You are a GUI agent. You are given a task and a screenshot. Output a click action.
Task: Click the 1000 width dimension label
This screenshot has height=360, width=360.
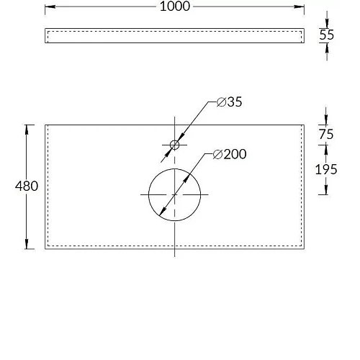(x=175, y=6)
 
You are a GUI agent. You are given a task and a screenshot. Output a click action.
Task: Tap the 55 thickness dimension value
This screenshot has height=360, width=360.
(x=326, y=35)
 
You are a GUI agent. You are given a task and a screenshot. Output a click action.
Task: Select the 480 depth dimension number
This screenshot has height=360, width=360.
(x=27, y=186)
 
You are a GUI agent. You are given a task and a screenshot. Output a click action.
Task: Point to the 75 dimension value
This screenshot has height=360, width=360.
(x=326, y=134)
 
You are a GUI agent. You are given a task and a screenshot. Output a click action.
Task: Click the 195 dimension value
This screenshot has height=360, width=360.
(x=326, y=169)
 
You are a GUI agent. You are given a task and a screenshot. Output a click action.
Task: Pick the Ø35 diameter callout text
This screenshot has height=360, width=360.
(x=229, y=102)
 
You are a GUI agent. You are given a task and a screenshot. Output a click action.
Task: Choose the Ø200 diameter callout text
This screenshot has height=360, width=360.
(x=230, y=154)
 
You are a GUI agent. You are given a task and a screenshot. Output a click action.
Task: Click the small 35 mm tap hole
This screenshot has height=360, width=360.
(x=174, y=145)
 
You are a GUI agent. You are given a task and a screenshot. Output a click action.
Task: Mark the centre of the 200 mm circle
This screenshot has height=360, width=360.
(x=174, y=194)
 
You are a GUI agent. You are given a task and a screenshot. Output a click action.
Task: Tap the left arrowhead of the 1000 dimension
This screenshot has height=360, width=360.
(x=50, y=6)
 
